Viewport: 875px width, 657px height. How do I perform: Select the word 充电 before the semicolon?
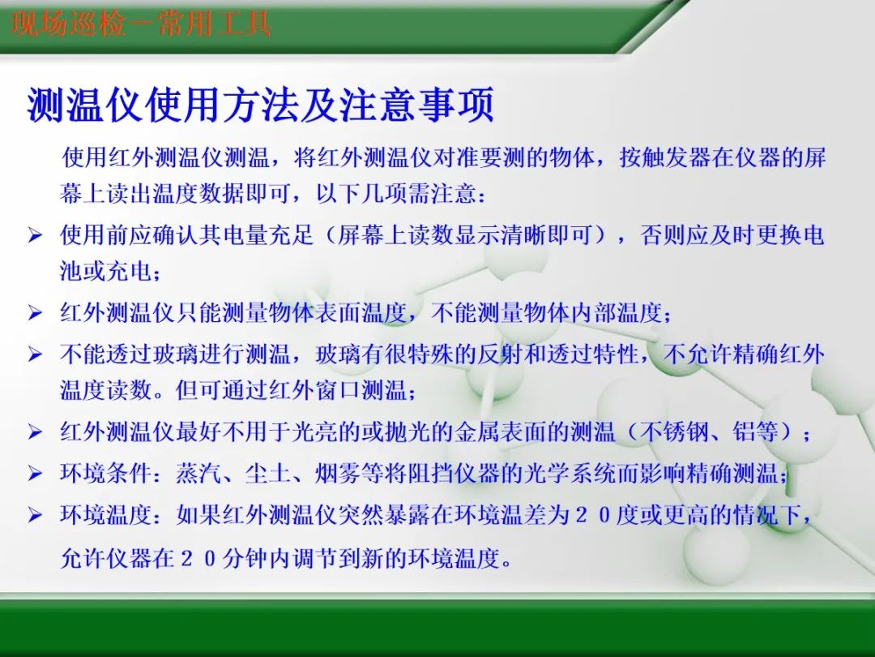coord(130,272)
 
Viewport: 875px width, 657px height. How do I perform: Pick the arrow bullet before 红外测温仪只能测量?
coord(35,312)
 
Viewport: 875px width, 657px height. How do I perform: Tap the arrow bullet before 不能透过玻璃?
coord(35,354)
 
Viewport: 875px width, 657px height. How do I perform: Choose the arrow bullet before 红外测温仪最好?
coord(35,432)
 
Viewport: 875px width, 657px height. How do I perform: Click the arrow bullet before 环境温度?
coord(35,515)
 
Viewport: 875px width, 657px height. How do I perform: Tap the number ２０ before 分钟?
coord(199,559)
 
